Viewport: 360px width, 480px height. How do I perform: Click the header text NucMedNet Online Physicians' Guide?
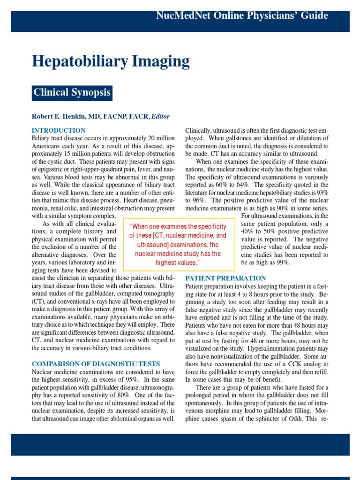click(x=242, y=15)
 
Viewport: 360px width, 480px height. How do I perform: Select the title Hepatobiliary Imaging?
click(x=111, y=61)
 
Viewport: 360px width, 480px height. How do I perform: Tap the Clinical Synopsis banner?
click(x=72, y=92)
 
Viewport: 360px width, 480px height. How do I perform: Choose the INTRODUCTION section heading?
click(x=59, y=130)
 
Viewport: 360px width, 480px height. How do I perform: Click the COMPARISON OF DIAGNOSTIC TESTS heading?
click(x=96, y=364)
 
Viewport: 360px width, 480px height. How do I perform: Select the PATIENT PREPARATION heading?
click(x=226, y=278)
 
